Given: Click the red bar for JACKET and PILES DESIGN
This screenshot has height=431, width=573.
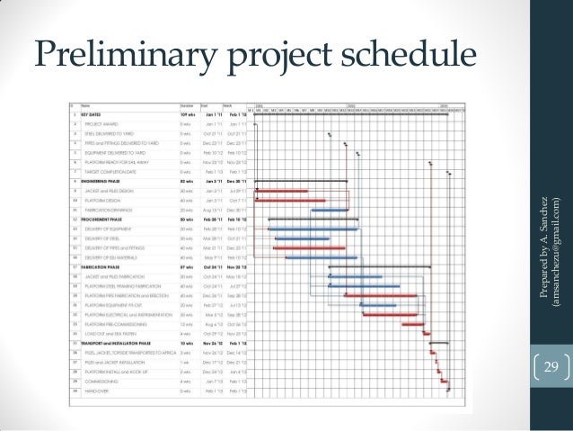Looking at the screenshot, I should click(280, 192).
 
